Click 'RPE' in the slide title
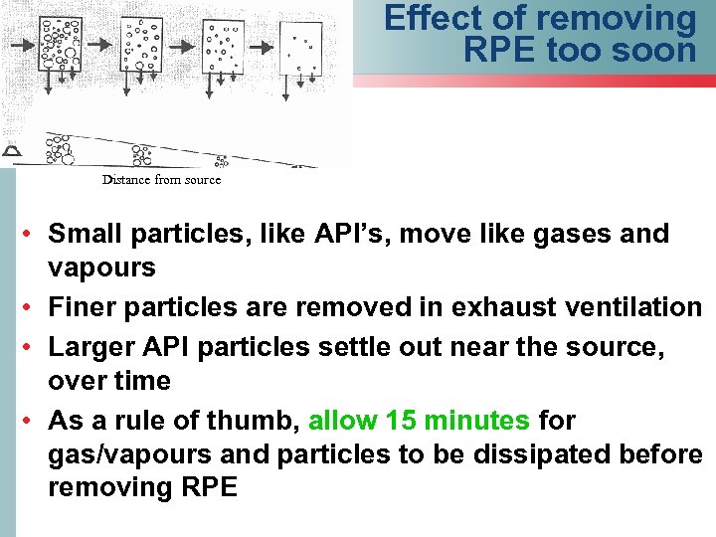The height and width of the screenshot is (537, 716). tap(500, 50)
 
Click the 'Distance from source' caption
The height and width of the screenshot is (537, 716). tap(161, 180)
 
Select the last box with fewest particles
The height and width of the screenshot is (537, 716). tap(302, 46)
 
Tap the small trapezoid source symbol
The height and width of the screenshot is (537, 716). tap(11, 151)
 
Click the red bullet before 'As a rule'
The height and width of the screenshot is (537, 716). tap(31, 421)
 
